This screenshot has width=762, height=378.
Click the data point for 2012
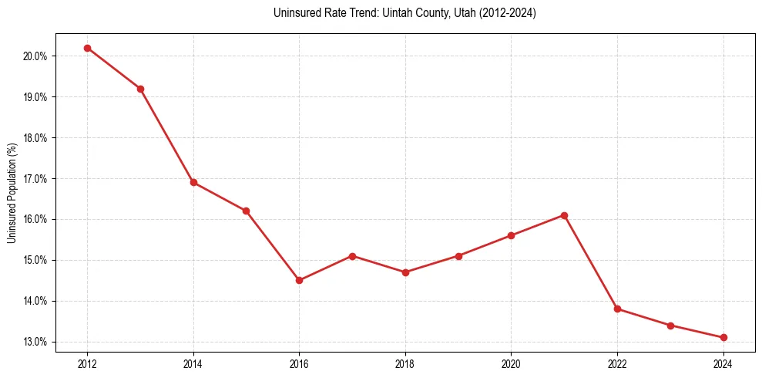[x=87, y=48]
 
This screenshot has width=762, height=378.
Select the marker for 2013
[x=140, y=89]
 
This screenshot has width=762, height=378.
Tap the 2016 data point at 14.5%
[x=299, y=280]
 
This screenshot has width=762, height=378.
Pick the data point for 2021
[x=564, y=215]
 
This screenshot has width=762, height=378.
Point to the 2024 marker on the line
[x=723, y=337]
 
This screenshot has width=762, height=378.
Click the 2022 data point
[x=617, y=309]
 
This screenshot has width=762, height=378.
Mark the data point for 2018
[x=405, y=272]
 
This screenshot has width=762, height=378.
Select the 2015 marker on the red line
[x=246, y=211]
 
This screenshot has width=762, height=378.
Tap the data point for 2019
[x=458, y=256]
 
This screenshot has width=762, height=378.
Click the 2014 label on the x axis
[x=193, y=363]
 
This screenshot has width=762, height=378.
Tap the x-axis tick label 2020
[x=512, y=363]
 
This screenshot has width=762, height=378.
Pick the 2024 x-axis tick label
[x=723, y=363]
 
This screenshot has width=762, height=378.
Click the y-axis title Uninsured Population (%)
[x=12, y=193]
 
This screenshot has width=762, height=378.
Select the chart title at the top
[x=404, y=13]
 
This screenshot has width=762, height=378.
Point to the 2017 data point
[x=352, y=255]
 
